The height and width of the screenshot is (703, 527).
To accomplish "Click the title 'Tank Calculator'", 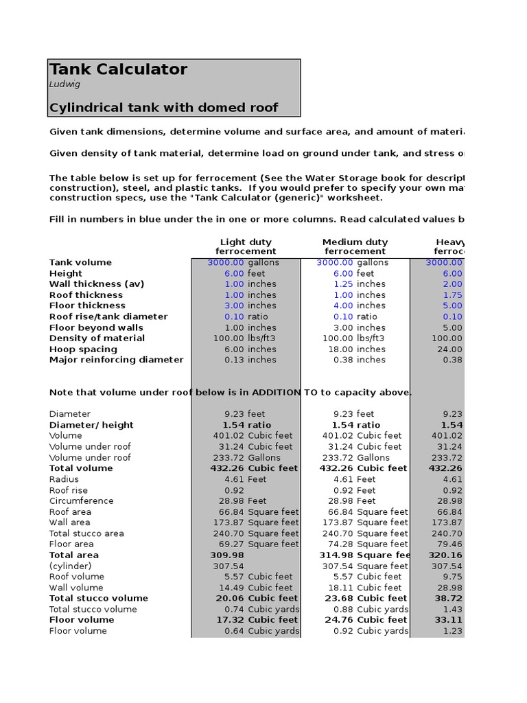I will (118, 69).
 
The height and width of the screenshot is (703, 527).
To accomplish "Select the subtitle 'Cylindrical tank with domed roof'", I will (164, 108).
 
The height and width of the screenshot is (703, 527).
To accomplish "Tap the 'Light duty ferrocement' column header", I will (246, 246).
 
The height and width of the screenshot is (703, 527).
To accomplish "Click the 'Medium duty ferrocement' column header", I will (355, 246).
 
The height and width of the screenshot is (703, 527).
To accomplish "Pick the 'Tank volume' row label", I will (80, 262).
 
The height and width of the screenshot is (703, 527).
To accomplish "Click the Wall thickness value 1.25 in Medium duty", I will (342, 284).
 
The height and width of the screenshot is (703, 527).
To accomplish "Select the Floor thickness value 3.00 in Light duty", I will (233, 306).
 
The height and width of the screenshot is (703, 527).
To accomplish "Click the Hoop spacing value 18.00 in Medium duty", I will (340, 349).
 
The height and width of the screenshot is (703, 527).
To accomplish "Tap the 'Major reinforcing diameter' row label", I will (117, 360).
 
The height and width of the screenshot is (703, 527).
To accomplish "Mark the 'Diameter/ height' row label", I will (91, 425).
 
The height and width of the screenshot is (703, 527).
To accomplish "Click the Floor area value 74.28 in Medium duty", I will (340, 544).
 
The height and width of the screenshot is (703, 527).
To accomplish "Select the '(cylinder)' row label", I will (71, 566).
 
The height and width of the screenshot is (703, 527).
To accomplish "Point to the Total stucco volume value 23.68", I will (340, 598).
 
